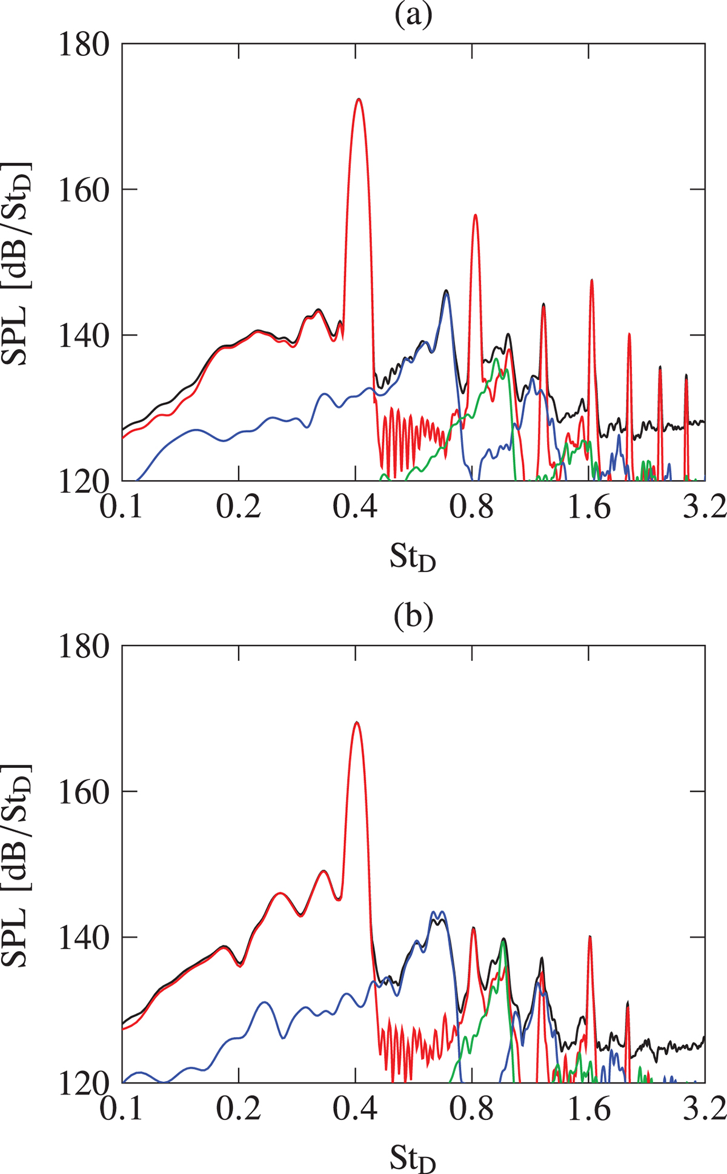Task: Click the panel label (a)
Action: [x=414, y=16]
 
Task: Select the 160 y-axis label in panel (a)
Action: [x=84, y=190]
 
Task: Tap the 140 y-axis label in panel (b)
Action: [x=84, y=937]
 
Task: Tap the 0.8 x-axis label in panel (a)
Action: [x=473, y=507]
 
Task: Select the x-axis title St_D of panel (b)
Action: [x=413, y=1158]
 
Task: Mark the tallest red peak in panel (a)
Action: [x=359, y=99]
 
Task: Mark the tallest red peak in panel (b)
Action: [x=357, y=722]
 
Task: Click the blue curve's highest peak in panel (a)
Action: [x=446, y=295]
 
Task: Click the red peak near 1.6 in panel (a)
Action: [x=591, y=280]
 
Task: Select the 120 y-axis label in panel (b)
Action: [x=84, y=1081]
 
